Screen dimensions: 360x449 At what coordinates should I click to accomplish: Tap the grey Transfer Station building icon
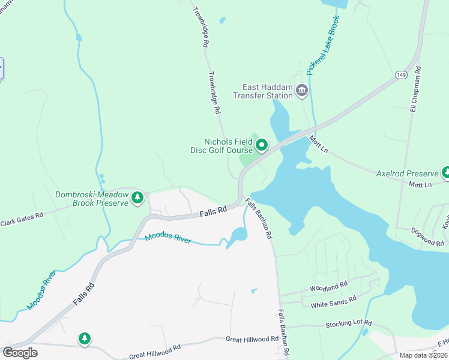301,91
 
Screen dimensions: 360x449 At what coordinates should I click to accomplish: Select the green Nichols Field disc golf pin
262,145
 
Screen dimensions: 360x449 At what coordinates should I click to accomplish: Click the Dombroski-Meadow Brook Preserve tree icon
137,197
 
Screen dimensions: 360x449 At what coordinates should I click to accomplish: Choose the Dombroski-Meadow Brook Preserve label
92,199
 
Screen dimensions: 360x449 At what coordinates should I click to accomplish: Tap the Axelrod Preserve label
407,173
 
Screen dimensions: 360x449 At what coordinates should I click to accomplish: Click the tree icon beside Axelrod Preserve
445,173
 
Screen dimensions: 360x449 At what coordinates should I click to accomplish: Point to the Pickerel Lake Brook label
322,46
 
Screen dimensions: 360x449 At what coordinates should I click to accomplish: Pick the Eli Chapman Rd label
414,89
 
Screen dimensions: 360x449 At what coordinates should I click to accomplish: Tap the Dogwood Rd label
427,236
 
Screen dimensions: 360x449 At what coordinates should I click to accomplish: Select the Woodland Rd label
328,287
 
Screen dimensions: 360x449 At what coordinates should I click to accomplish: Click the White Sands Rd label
333,302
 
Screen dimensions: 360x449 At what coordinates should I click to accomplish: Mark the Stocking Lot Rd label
349,323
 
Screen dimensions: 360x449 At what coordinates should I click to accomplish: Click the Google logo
20,352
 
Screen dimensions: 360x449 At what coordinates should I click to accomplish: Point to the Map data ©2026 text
424,355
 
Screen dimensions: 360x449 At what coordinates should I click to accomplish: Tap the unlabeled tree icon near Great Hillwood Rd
85,339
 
